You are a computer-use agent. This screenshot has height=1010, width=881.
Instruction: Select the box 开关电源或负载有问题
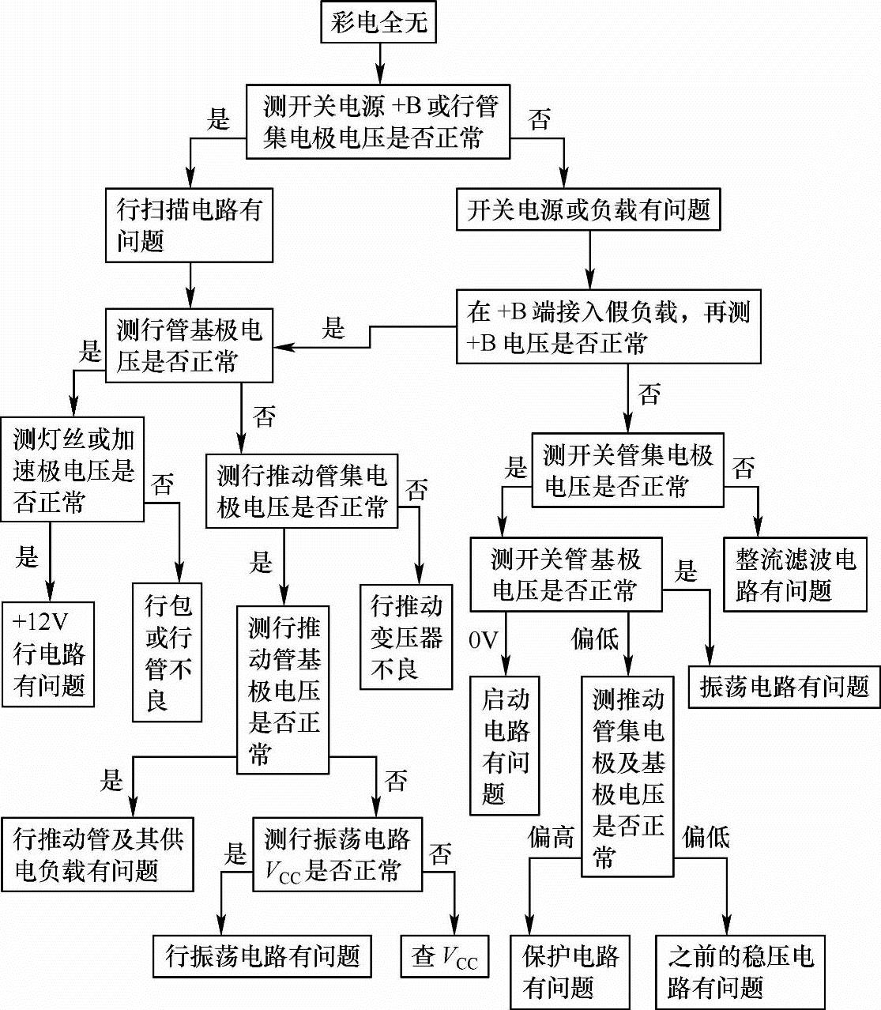coord(589,210)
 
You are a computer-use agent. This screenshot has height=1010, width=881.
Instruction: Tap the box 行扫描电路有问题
coord(189,225)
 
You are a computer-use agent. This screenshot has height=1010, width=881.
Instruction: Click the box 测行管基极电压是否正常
coord(189,345)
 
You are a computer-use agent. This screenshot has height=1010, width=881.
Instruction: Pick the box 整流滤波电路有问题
coord(795,575)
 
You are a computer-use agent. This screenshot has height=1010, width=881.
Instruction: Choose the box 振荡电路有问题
coord(784,686)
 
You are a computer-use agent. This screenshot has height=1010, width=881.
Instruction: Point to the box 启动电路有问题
coord(505,745)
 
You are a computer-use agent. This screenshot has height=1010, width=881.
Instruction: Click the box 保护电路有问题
coord(570,971)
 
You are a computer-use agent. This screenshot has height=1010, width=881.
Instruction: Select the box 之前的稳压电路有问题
coord(740,971)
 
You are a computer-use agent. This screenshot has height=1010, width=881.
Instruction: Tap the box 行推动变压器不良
coord(406,637)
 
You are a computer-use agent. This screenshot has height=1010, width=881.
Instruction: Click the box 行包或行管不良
coord(168,652)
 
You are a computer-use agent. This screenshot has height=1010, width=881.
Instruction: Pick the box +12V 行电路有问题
coord(48,654)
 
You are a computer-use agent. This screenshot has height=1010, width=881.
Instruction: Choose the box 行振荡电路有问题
coord(262,957)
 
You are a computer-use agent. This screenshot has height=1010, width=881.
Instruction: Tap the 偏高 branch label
coord(551,837)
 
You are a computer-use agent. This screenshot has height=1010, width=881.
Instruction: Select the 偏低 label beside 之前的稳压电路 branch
coord(706,837)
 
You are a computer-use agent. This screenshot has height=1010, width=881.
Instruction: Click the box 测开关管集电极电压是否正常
coord(627,470)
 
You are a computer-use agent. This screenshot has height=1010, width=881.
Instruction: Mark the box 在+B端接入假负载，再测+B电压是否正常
coord(608,327)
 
